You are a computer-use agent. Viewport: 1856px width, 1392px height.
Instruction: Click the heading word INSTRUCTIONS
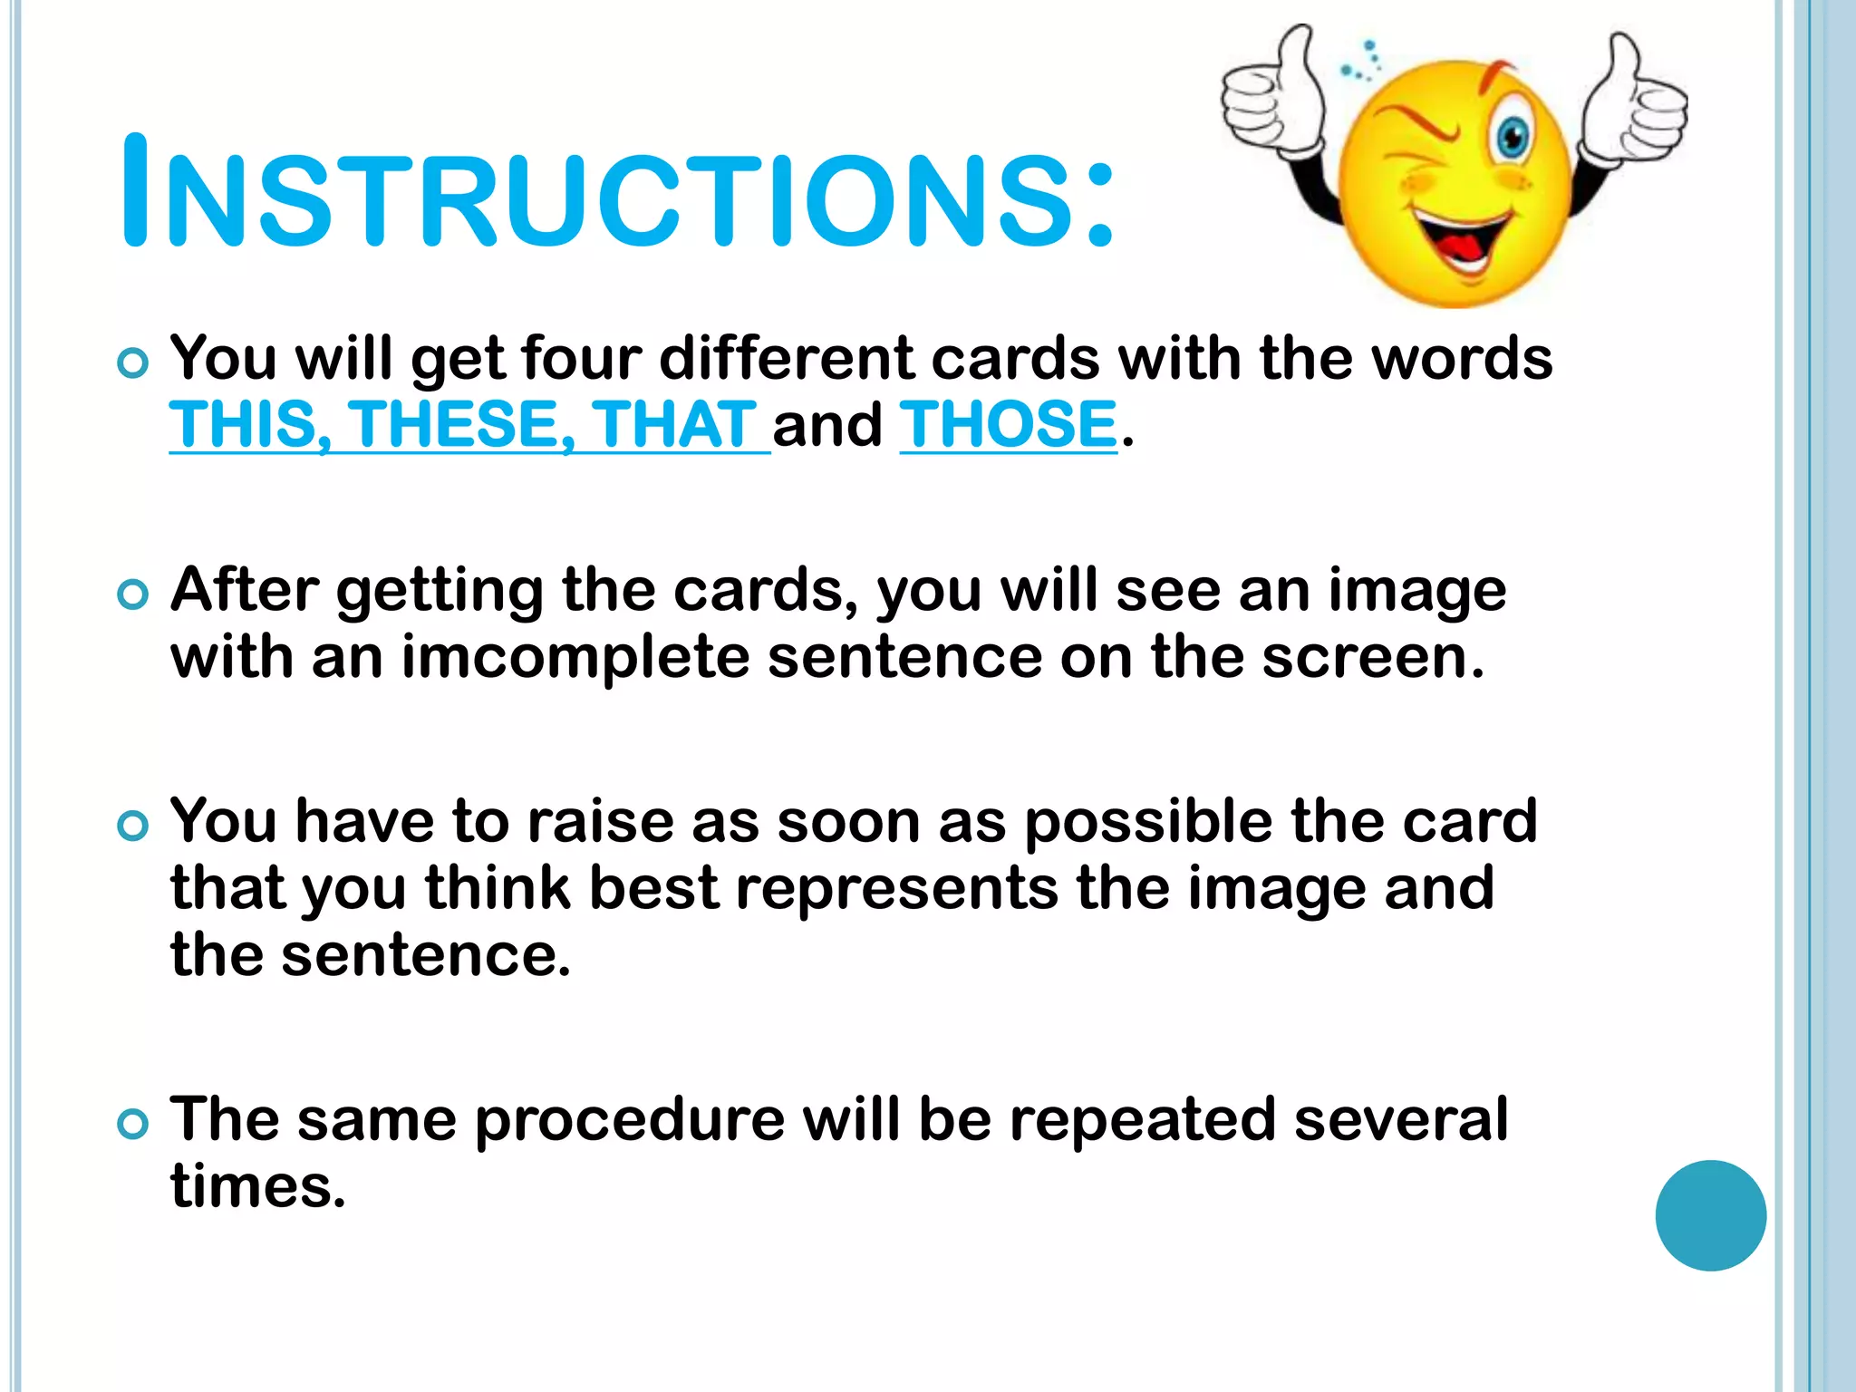pyautogui.click(x=616, y=192)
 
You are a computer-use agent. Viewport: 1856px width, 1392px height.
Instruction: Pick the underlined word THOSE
pyautogui.click(x=1009, y=425)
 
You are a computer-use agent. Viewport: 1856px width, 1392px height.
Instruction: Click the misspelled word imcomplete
pyautogui.click(x=575, y=657)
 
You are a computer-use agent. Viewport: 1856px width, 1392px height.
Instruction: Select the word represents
pyautogui.click(x=896, y=888)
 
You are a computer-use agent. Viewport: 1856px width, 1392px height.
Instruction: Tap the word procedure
pyautogui.click(x=630, y=1120)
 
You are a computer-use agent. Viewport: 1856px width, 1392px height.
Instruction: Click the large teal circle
pyautogui.click(x=1710, y=1215)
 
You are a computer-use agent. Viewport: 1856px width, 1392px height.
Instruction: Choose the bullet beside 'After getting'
pyautogui.click(x=132, y=595)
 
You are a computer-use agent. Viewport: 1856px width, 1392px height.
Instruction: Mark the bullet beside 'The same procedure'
pyautogui.click(x=132, y=1125)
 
